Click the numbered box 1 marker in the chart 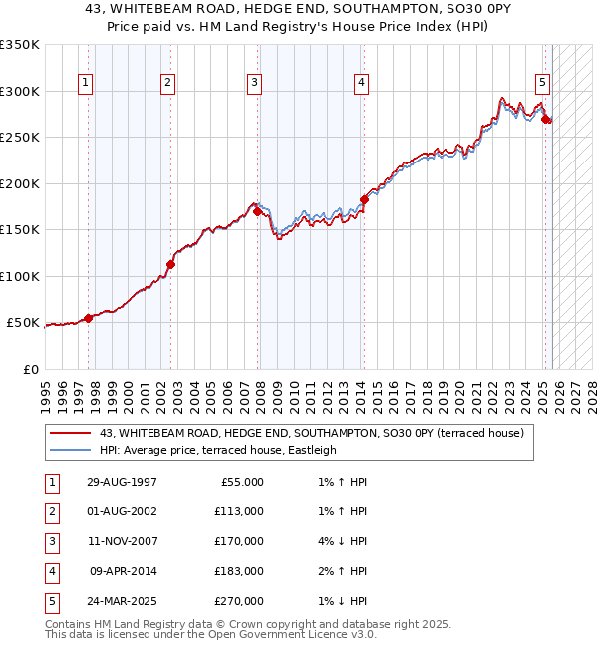click(x=86, y=83)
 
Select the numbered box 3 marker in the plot click(x=255, y=83)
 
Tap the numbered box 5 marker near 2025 click(x=542, y=83)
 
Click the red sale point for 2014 click(x=364, y=199)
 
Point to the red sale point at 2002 click(x=170, y=264)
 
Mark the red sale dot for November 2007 click(x=257, y=211)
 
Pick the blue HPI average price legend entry click(x=218, y=450)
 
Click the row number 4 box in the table click(x=51, y=572)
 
